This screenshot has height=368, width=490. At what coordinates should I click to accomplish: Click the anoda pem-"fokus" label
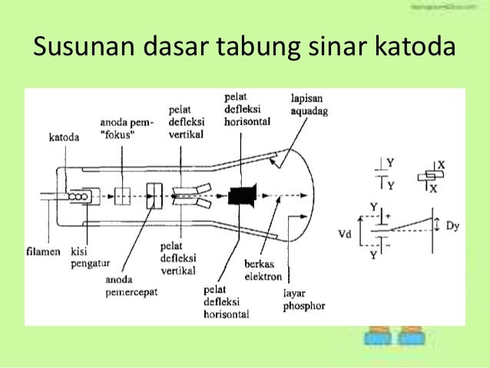(127, 128)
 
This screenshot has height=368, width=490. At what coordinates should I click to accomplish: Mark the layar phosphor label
(303, 300)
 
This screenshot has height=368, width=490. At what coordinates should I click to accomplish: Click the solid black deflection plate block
(240, 196)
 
